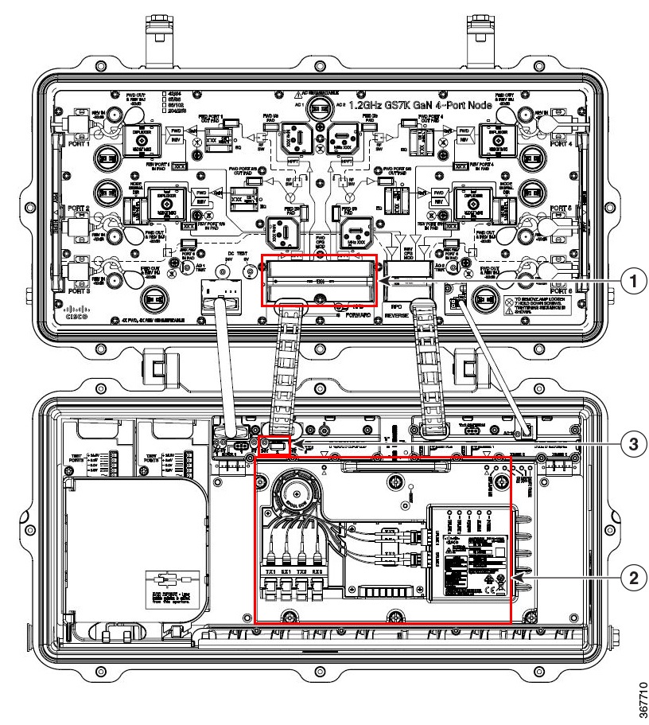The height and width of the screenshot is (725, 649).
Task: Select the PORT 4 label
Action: click(563, 145)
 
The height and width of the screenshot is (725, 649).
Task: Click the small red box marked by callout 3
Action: click(276, 446)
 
